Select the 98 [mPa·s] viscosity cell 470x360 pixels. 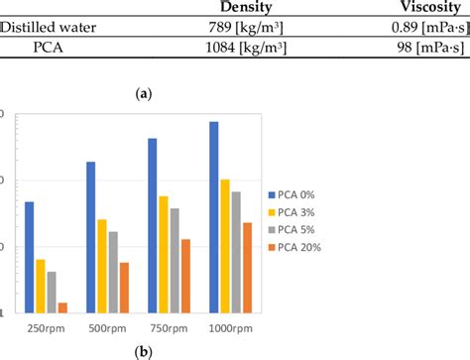click(x=427, y=48)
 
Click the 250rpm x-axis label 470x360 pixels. click(x=48, y=327)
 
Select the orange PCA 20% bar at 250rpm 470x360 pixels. click(x=62, y=307)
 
